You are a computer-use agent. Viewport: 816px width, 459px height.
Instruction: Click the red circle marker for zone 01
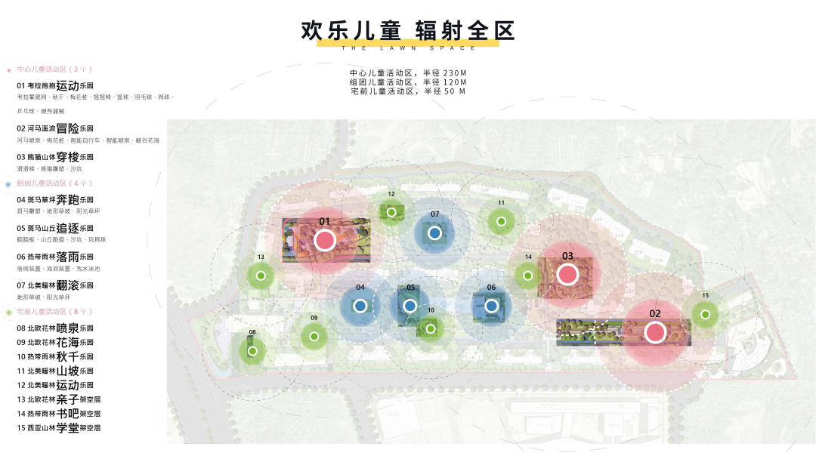coord(325,240)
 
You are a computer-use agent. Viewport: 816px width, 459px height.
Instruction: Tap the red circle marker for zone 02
coord(655,332)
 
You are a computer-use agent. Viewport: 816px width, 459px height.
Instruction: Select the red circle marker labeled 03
coord(567,274)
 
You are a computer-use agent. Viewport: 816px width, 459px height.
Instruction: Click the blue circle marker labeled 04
coord(360,306)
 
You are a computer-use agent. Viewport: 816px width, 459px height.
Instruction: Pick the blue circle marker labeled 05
coord(410,306)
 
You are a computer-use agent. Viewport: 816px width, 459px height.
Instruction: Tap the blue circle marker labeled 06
coord(491,306)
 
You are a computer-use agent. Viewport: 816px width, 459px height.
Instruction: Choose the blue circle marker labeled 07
coord(434,233)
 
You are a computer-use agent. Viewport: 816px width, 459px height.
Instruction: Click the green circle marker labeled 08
coord(252,350)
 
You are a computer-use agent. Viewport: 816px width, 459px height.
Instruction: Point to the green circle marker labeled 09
coord(314,336)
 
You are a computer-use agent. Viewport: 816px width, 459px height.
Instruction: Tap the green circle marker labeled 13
coord(261,276)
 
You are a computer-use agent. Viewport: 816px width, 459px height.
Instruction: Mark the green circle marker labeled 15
coord(705,314)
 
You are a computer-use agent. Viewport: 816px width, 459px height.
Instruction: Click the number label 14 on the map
coord(528,257)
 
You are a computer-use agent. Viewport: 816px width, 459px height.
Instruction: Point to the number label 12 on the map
coord(391,194)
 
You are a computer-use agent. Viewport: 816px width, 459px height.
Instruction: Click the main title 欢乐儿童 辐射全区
coord(408,31)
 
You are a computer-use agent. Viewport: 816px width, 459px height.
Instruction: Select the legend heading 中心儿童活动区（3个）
coord(54,69)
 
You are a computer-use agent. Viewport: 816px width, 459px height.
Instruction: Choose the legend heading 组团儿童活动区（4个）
coord(54,183)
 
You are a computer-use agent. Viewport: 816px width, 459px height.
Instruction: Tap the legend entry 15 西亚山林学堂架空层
coord(59,428)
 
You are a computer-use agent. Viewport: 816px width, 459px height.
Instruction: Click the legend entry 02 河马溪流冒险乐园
coord(60,128)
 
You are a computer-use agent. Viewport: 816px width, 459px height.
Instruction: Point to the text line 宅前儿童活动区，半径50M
coord(408,91)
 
